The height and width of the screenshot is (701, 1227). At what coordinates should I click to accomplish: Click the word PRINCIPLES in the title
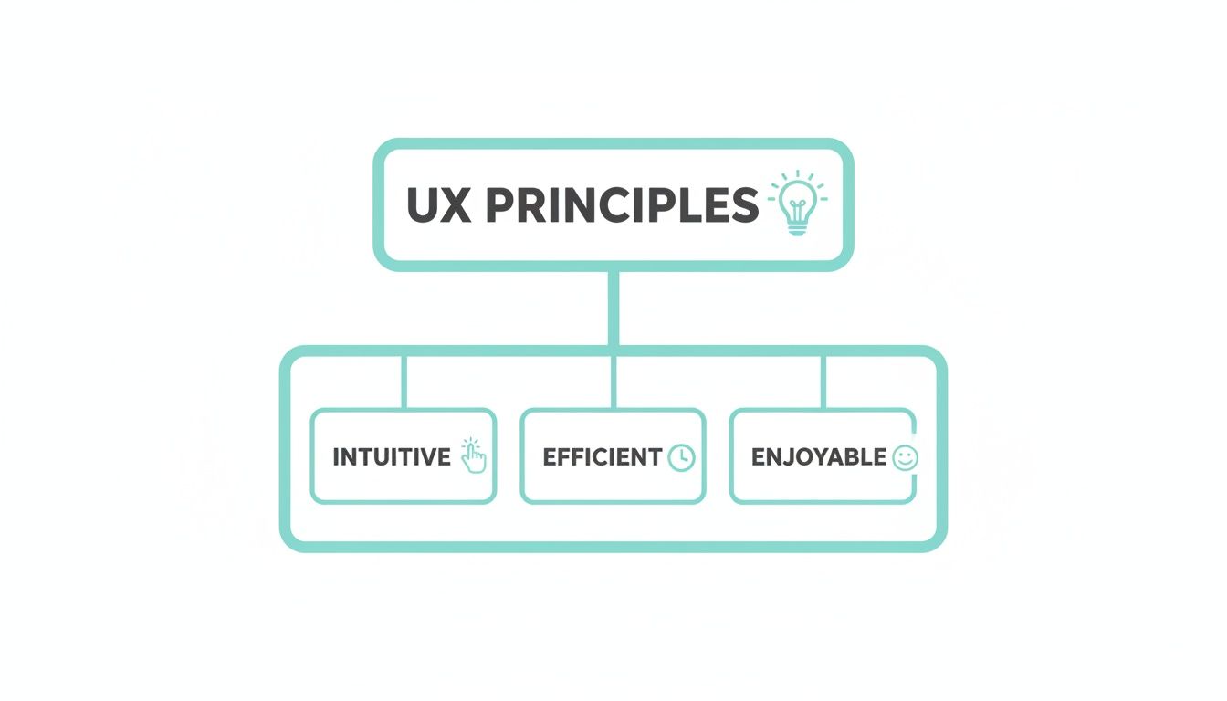(x=622, y=205)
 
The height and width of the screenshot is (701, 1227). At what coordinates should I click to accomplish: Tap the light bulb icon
(x=797, y=203)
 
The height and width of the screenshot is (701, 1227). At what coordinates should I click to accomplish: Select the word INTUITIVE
(x=392, y=456)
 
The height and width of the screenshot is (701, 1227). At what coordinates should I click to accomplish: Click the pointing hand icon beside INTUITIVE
(x=473, y=455)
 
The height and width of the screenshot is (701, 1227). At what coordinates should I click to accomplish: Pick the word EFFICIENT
(x=602, y=456)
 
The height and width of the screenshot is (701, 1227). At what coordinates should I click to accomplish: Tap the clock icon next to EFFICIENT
(x=681, y=457)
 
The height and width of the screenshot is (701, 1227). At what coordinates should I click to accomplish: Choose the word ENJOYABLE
(x=818, y=456)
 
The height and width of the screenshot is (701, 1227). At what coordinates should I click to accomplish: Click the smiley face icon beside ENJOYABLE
(x=904, y=457)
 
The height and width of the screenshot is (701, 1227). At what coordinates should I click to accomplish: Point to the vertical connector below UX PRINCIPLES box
(x=613, y=309)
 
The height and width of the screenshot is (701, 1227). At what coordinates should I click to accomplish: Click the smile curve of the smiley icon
(x=904, y=463)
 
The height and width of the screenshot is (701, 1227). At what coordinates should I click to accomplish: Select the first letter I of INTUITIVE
(x=336, y=456)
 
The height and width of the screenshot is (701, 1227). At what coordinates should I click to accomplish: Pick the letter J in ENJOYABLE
(x=790, y=456)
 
